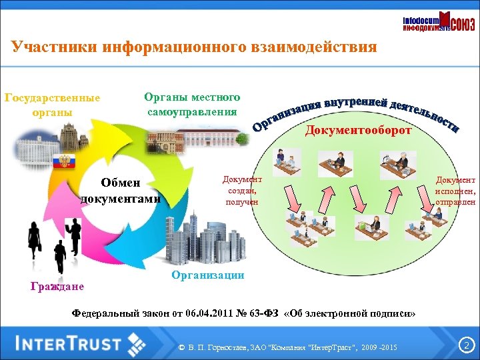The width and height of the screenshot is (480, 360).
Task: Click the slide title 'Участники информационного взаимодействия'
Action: click(194, 47)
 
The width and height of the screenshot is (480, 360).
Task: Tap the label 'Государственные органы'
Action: click(52, 105)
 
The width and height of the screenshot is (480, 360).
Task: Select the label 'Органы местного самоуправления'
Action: click(192, 104)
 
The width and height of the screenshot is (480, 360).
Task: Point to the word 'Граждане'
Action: click(57, 287)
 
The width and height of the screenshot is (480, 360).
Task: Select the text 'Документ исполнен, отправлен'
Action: click(455, 191)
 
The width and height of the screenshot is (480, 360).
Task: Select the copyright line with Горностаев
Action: click(288, 349)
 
